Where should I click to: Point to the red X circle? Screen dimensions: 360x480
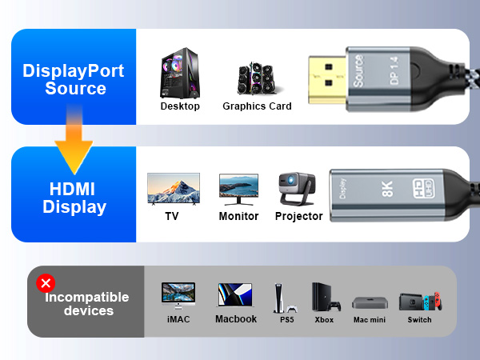[x=46, y=282]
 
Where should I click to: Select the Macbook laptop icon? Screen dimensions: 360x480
[x=235, y=295]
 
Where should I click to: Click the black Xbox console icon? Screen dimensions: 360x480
[x=323, y=297]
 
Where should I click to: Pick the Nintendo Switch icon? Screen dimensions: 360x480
[x=419, y=301]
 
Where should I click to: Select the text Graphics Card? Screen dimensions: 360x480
[x=257, y=106]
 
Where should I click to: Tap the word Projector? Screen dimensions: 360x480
[x=298, y=216]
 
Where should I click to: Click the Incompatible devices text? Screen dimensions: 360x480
[x=87, y=303]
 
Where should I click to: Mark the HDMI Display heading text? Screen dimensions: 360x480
[x=74, y=198]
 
